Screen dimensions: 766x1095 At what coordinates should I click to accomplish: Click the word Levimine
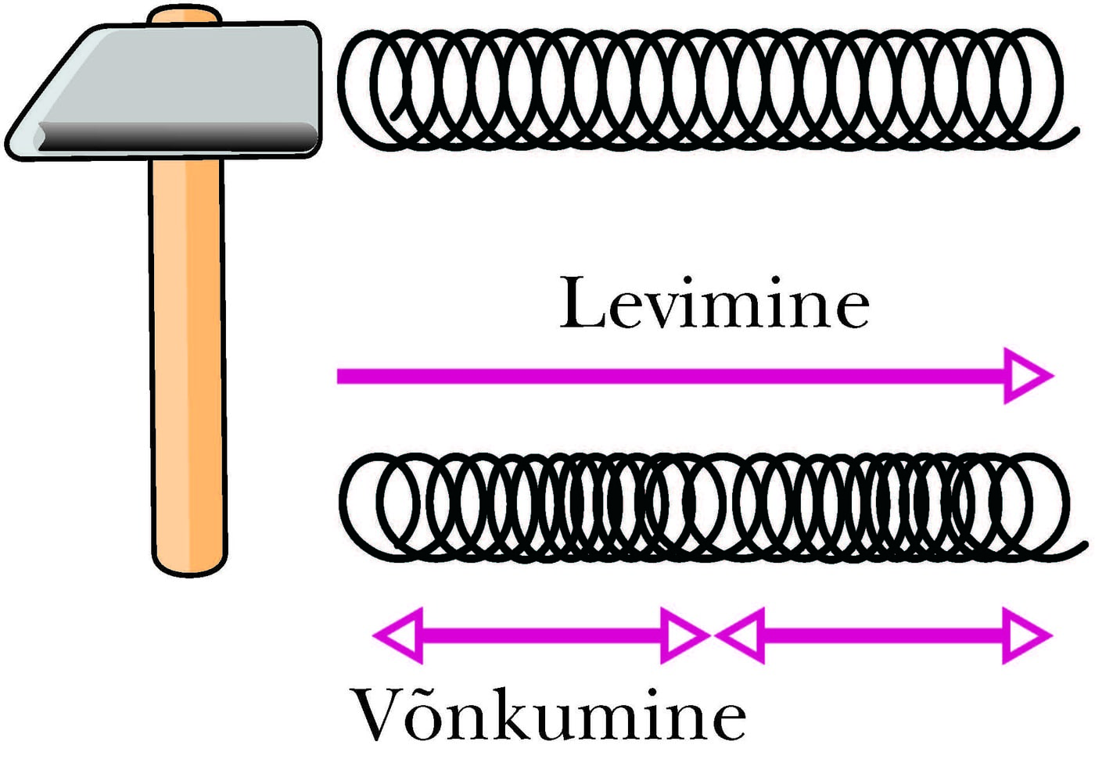(713, 303)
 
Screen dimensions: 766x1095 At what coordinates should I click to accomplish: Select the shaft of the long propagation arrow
(665, 376)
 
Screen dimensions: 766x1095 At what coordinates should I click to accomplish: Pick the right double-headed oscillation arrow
(884, 635)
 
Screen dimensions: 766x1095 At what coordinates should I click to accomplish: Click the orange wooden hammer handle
(188, 352)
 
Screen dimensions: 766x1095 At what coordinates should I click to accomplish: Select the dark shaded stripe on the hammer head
(176, 137)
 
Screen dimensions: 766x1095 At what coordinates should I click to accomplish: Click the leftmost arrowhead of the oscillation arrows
(399, 635)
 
